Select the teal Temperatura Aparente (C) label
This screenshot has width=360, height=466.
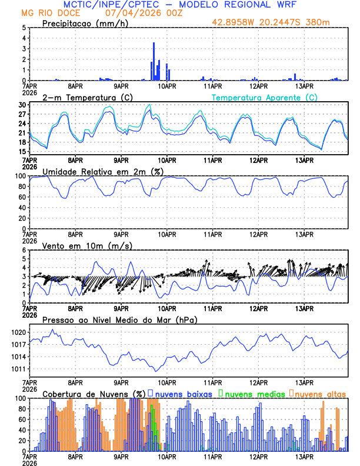(x=265, y=97)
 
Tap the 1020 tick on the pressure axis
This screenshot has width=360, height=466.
(x=19, y=332)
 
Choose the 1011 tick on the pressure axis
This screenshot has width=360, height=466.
(x=19, y=369)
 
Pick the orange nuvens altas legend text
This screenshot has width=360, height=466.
(x=321, y=393)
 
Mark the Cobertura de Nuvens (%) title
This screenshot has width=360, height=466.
(x=94, y=393)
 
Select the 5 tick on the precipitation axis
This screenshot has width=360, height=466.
(x=24, y=28)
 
